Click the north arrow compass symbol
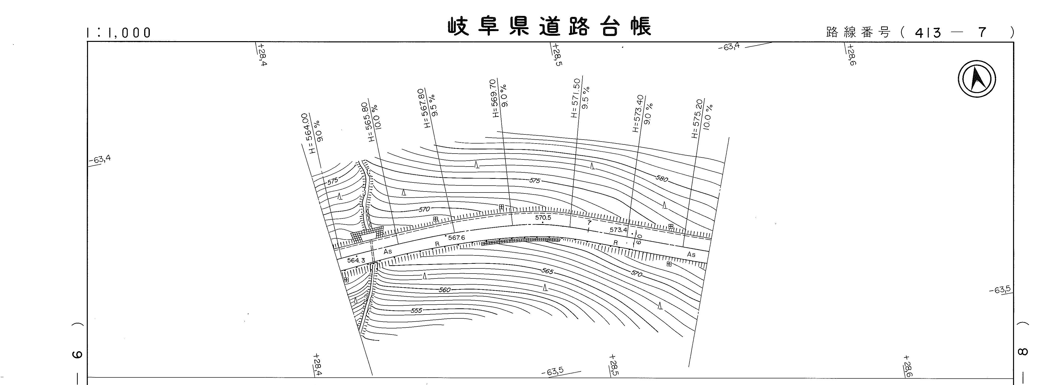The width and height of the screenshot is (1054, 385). coord(977,79)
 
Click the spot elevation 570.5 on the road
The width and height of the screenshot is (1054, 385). coord(543,218)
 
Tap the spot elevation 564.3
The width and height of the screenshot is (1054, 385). coord(356,260)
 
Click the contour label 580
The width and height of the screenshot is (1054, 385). coord(662,179)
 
